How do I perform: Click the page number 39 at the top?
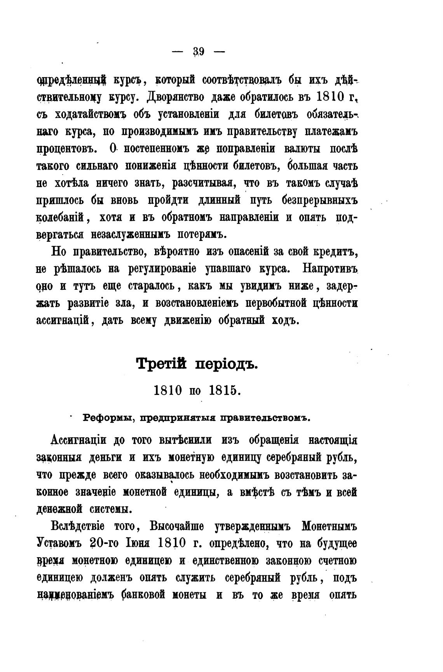point(199,51)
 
